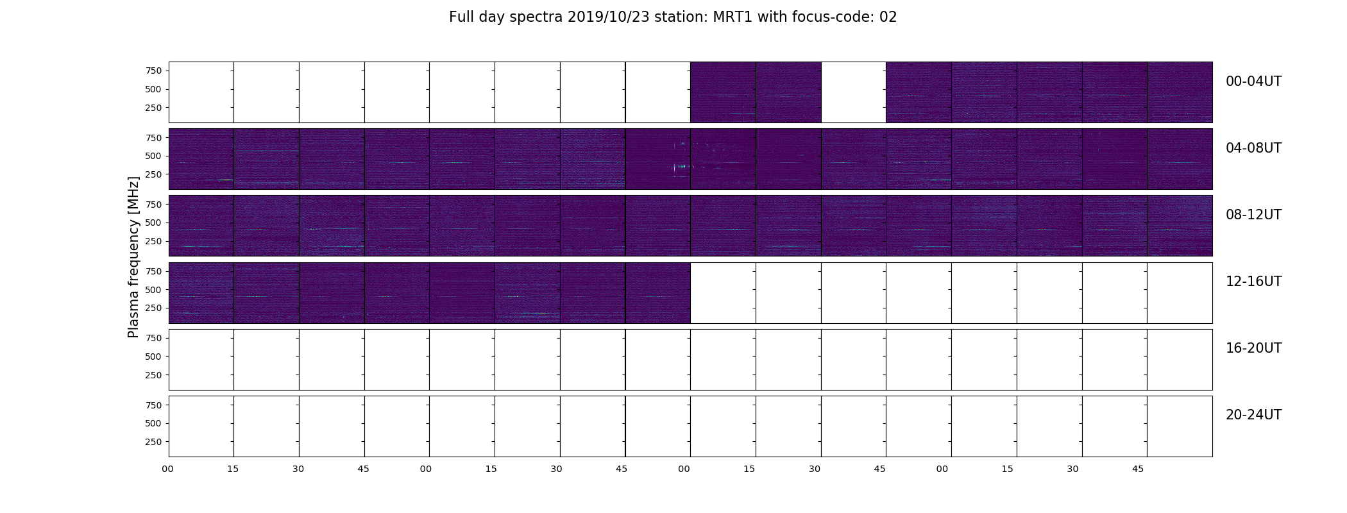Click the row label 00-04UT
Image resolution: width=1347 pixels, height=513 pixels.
click(x=1253, y=81)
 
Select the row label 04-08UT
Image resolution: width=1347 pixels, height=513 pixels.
click(x=1253, y=148)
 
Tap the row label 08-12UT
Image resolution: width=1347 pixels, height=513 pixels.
click(x=1253, y=215)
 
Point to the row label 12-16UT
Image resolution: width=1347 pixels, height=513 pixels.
click(x=1253, y=282)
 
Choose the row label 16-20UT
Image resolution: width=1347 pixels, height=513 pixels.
click(x=1253, y=348)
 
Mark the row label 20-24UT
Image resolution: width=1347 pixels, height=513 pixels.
click(x=1253, y=415)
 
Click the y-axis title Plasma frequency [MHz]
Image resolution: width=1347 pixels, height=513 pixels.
click(x=133, y=257)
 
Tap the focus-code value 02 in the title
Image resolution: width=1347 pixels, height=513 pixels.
click(x=888, y=17)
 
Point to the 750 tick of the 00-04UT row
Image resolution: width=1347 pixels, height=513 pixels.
click(x=153, y=71)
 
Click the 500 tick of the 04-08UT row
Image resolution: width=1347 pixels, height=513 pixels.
click(x=153, y=156)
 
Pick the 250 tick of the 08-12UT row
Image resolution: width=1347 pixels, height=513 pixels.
click(x=153, y=241)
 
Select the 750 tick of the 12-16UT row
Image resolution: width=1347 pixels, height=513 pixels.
click(x=153, y=271)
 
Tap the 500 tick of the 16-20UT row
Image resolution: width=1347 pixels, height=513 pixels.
click(x=153, y=357)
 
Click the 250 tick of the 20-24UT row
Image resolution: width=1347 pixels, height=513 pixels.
click(x=153, y=442)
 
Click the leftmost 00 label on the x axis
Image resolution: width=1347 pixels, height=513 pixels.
click(x=168, y=469)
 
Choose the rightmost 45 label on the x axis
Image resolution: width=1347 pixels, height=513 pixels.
click(x=1138, y=469)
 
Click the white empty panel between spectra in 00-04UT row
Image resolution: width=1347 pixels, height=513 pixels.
click(x=853, y=92)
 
